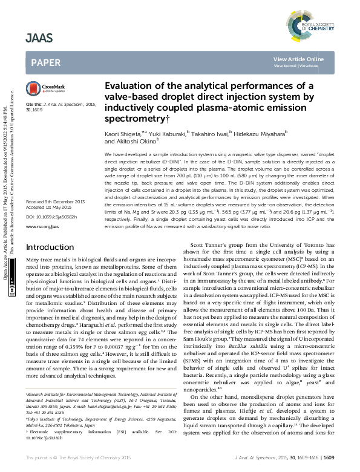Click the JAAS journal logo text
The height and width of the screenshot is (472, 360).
tap(39, 38)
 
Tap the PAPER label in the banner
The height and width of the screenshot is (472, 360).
tap(45, 62)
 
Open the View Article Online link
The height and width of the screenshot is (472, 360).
tap(298, 59)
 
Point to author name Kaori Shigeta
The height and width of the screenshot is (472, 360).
tap(123, 132)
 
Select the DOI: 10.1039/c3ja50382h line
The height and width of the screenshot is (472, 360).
tap(56, 216)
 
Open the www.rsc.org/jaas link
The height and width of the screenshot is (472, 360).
tap(42, 226)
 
